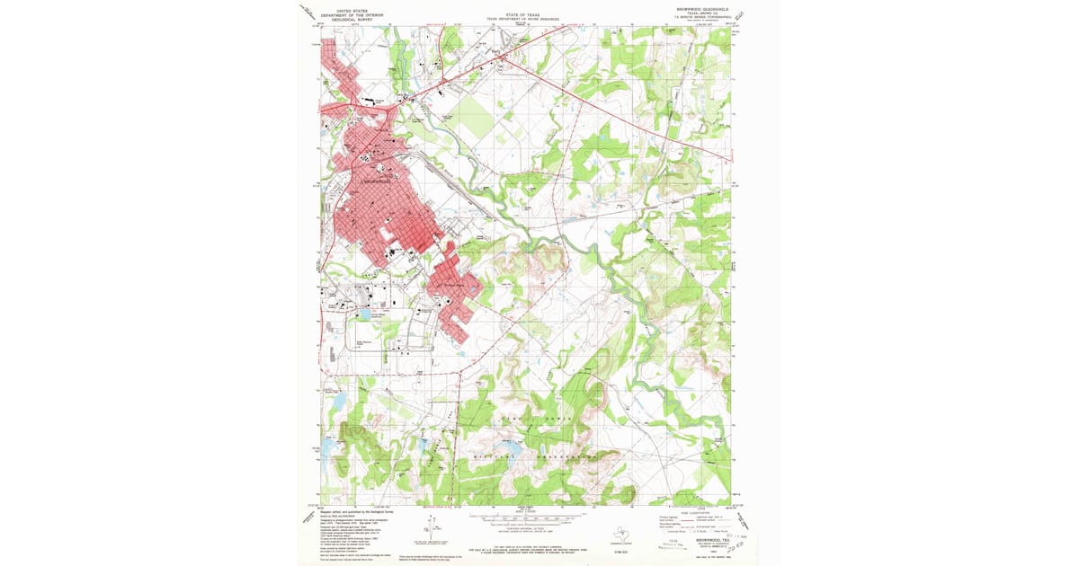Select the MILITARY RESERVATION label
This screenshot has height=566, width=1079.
pos(531,456)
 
